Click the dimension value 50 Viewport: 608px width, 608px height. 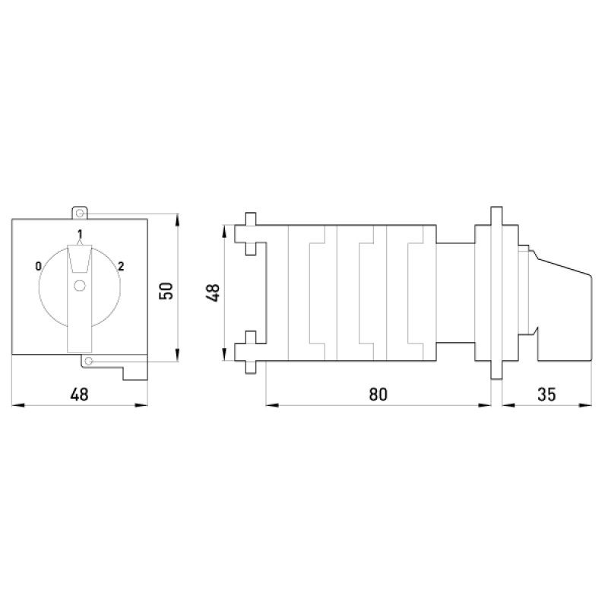(166, 291)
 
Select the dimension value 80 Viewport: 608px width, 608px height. (378, 394)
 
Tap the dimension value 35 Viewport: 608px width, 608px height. (546, 394)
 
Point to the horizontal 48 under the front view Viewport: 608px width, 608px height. (80, 394)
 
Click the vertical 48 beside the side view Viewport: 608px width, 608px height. (214, 293)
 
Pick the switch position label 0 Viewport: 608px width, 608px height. (38, 266)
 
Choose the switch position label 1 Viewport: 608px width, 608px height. (80, 234)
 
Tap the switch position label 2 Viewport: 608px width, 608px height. (121, 266)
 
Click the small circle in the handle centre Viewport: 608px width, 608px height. (80, 286)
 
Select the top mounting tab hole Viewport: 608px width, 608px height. (80, 214)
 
